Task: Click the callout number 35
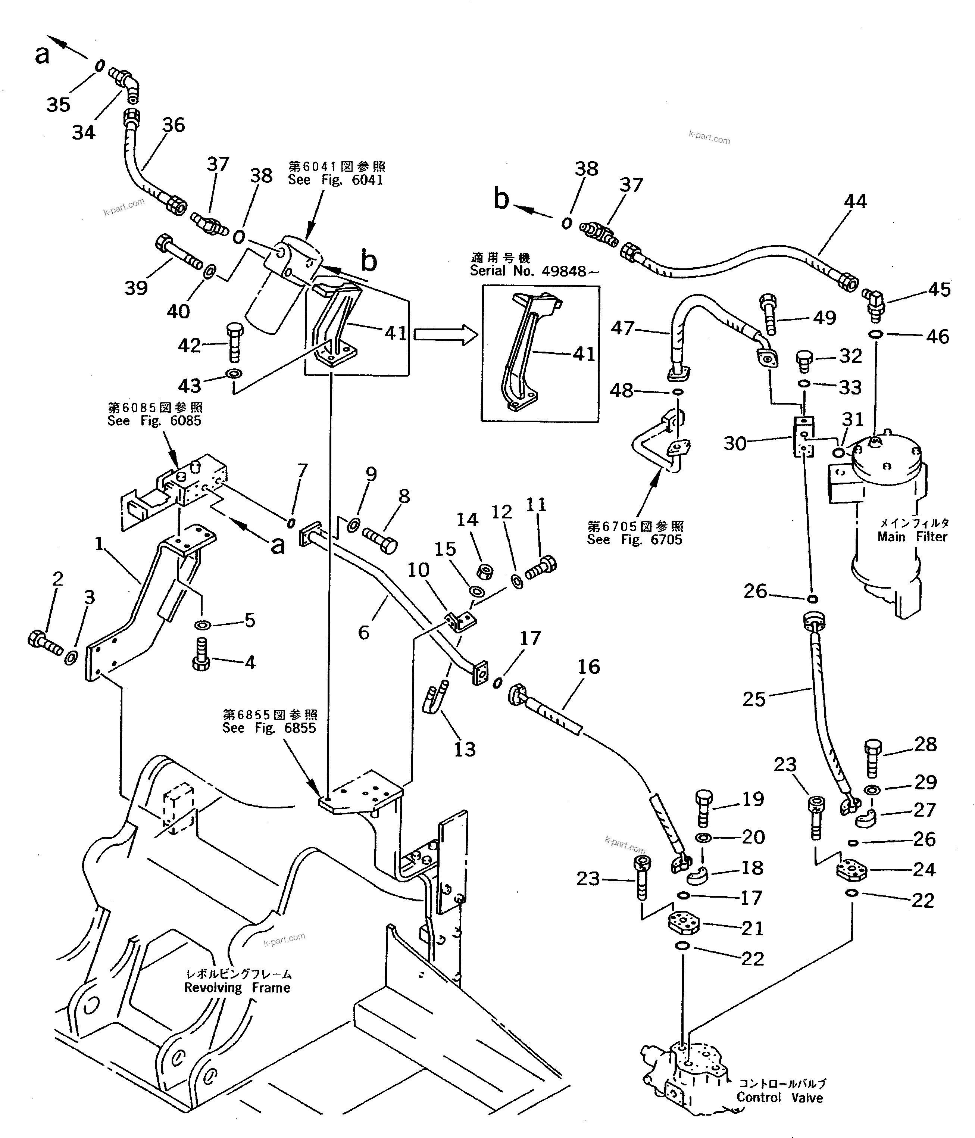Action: [x=58, y=105]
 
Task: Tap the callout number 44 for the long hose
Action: [x=855, y=202]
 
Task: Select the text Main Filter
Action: [x=912, y=537]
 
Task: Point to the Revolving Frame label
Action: [x=237, y=988]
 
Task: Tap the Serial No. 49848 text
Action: [x=534, y=271]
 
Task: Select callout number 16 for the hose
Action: [x=588, y=667]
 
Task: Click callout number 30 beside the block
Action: [x=735, y=443]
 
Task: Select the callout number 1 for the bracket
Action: [x=99, y=544]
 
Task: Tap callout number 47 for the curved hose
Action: [x=622, y=328]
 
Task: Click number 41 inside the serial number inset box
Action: [x=584, y=354]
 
